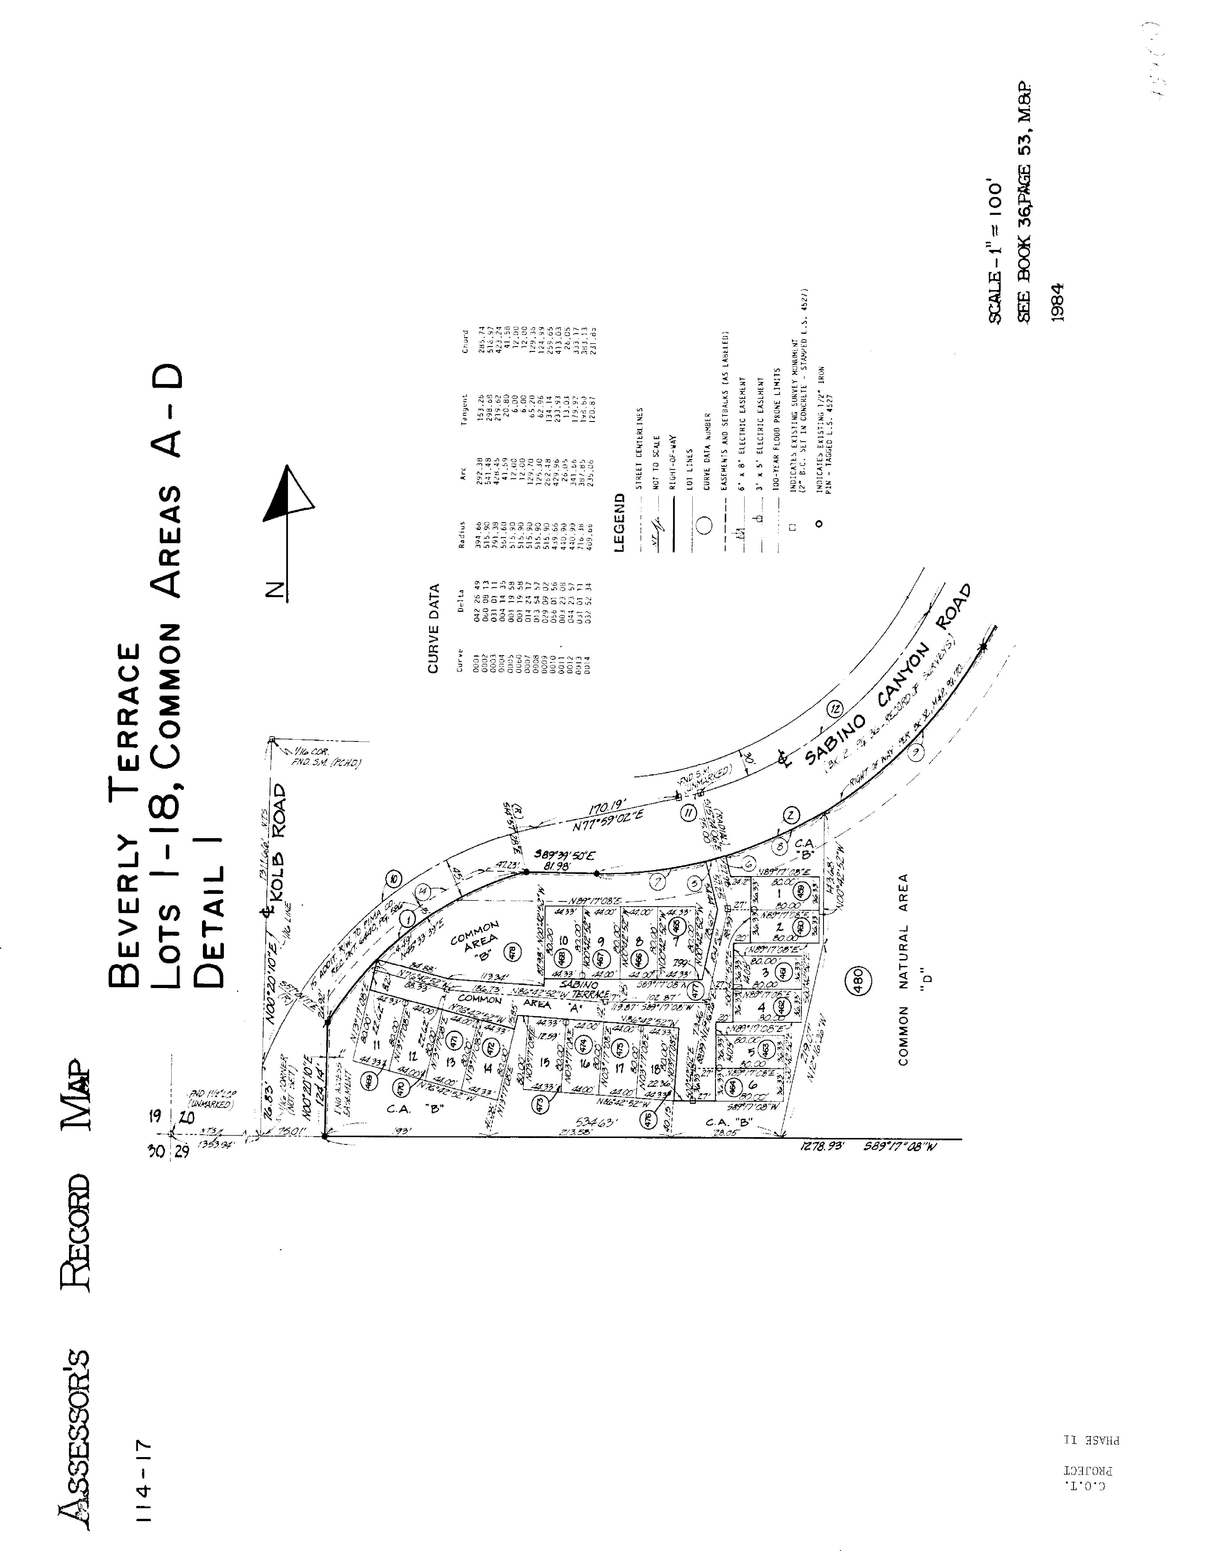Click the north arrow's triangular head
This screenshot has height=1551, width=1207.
(x=290, y=496)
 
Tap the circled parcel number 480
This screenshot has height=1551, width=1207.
(x=858, y=981)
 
